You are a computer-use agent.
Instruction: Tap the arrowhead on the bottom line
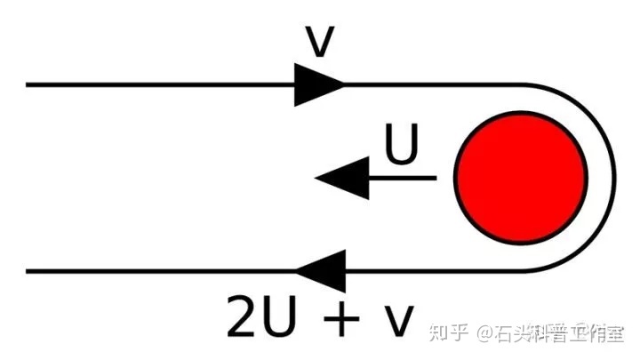pos(320,271)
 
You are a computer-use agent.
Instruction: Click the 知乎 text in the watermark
pos(448,334)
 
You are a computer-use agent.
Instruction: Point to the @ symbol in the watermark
pos(484,334)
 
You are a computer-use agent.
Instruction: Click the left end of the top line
pos(28,85)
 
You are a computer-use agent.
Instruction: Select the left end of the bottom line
pos(28,271)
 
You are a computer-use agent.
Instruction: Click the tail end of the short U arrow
pos(435,178)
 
